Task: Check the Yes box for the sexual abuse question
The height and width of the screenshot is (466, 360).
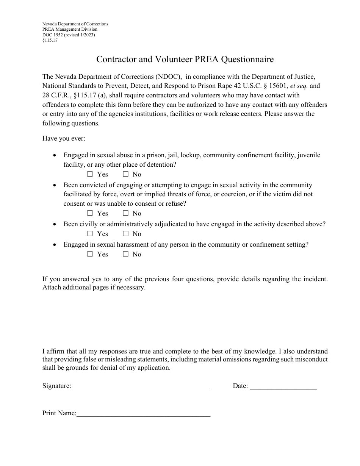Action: [90, 174]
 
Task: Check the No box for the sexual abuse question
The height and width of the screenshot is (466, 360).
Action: [125, 174]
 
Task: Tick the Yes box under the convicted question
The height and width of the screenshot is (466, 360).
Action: [90, 213]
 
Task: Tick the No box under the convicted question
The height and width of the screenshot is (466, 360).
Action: [125, 213]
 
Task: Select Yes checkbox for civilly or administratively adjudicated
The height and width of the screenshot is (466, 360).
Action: [90, 234]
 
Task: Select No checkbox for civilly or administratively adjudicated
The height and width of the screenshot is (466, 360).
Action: [125, 234]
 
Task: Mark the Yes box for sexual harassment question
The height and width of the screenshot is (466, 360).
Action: [90, 254]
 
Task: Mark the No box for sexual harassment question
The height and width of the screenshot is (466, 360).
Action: [125, 254]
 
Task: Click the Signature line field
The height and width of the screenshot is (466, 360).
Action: [141, 386]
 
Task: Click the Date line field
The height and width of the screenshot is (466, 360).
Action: [283, 386]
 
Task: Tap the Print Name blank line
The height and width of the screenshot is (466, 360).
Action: [143, 414]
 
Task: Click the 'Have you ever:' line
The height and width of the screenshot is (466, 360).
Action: [64, 139]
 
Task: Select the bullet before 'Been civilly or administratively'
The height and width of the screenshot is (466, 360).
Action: [55, 224]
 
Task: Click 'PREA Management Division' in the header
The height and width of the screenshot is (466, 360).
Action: [70, 29]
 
